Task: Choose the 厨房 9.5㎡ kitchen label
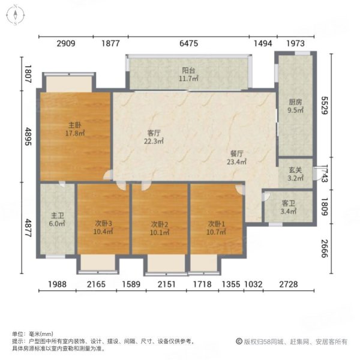click(295, 106)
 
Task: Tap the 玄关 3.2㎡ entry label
click(294, 174)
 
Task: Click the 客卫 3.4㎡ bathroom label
click(289, 207)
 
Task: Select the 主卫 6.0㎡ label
click(57, 219)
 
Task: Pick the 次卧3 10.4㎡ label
click(104, 227)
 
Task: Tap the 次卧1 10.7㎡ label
click(217, 227)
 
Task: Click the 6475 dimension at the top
click(188, 43)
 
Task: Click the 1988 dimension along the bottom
click(58, 284)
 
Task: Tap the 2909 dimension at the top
click(66, 43)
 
